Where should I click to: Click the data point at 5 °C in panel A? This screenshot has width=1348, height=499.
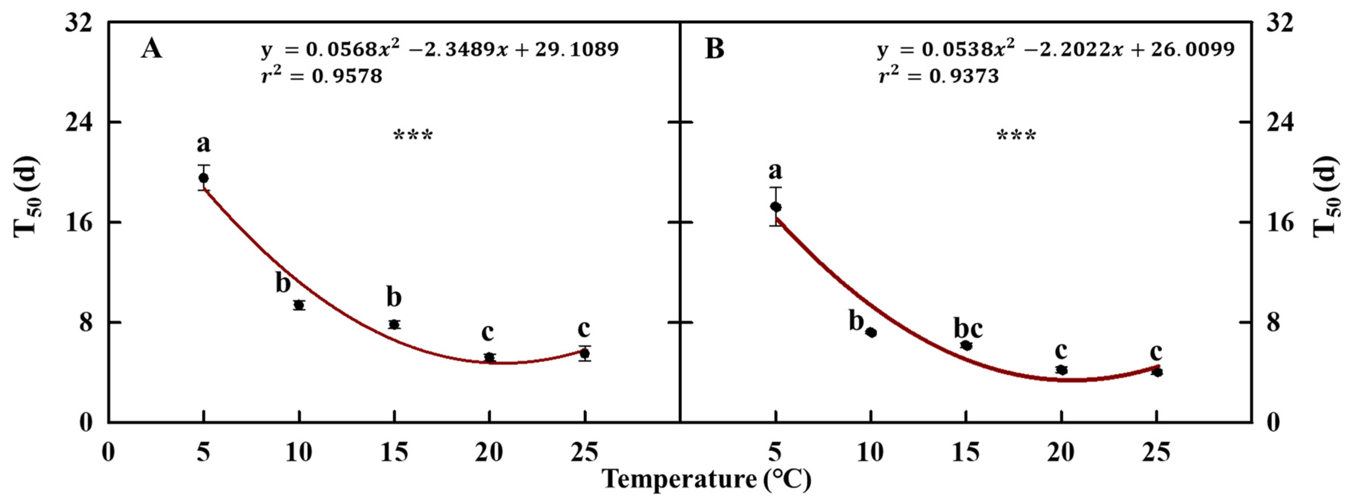click(x=204, y=178)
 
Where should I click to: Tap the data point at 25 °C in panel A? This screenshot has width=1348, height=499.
click(x=585, y=354)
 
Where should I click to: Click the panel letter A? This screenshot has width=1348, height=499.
click(x=151, y=50)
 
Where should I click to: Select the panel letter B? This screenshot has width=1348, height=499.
click(x=715, y=50)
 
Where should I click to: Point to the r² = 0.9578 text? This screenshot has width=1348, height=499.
click(x=321, y=76)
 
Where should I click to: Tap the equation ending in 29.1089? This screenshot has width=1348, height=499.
click(x=440, y=50)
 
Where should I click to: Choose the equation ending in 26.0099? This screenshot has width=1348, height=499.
click(x=1056, y=50)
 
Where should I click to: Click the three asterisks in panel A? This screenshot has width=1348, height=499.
click(x=413, y=136)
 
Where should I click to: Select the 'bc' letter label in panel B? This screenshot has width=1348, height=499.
click(x=968, y=328)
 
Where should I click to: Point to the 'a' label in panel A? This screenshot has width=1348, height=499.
click(x=204, y=143)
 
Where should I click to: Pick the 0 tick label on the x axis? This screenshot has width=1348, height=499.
click(x=108, y=452)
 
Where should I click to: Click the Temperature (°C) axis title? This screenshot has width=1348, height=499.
click(x=706, y=479)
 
